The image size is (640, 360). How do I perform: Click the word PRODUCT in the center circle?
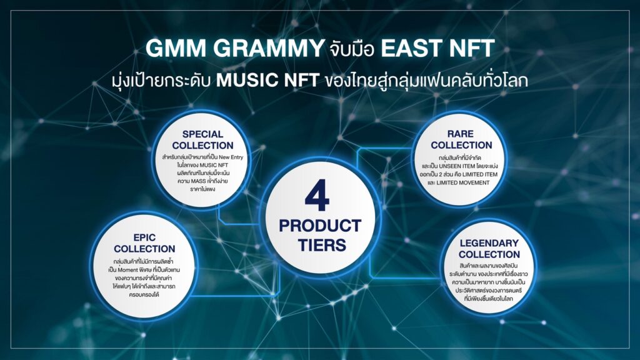320,226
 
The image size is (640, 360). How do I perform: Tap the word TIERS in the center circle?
322,245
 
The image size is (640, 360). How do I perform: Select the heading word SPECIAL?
203,134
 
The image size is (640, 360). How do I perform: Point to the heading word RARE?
461,134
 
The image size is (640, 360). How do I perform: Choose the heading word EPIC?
144,237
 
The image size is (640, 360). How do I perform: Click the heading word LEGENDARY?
489,243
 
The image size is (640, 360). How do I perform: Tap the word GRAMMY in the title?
268,48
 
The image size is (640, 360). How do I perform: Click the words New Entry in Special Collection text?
231,157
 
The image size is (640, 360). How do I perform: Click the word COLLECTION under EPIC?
144,249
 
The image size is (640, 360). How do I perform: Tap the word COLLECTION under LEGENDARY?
489,255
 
